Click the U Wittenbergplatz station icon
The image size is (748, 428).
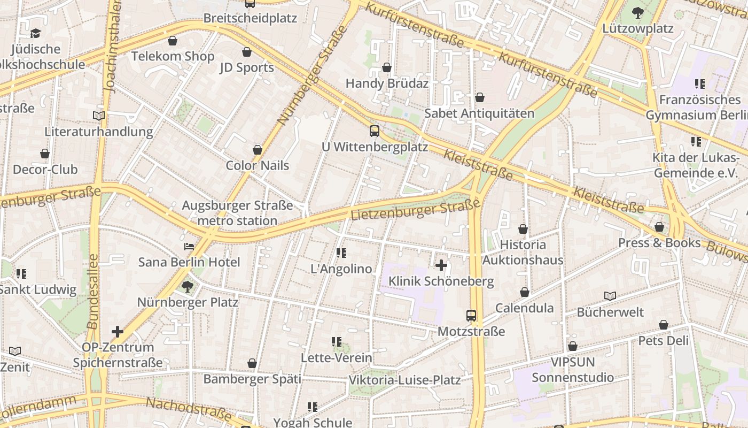coord(375,131)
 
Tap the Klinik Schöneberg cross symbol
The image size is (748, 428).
coord(441,265)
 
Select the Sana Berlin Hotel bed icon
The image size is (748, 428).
coord(189,247)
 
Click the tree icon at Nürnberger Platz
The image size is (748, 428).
coord(188,287)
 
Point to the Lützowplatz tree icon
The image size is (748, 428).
coord(637,13)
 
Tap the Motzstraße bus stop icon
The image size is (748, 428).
coord(471,316)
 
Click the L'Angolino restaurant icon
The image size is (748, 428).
coord(341,253)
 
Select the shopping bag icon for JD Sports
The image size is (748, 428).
coord(247,52)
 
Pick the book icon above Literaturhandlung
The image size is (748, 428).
coord(98,116)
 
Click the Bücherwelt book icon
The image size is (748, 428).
coord(610,296)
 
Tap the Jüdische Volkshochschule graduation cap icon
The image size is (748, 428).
coord(35,34)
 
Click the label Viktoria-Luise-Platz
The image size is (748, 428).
coord(404,380)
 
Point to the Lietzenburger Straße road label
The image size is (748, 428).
coord(415,210)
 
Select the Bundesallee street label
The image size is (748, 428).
coord(92,292)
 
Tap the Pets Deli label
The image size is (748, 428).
coord(664,341)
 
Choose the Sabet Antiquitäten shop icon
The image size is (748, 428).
coord(480,97)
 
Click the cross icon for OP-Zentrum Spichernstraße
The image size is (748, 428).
coord(118,332)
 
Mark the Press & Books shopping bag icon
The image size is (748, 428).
coord(659,227)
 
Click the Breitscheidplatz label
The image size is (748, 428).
coord(250,18)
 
